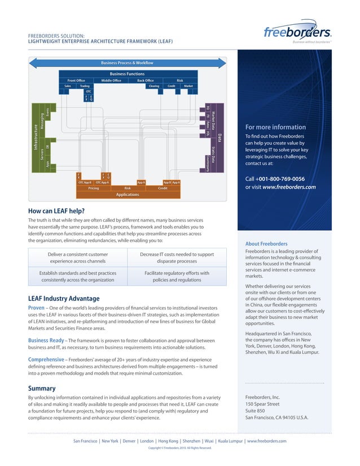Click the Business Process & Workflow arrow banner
[x=127, y=63]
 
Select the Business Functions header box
[x=127, y=74]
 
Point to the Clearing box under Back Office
[x=154, y=86]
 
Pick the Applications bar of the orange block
[x=128, y=195]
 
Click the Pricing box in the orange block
[x=94, y=188]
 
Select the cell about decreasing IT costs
[x=177, y=258]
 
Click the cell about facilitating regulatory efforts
[x=177, y=276]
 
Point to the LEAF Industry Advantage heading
[x=64, y=298]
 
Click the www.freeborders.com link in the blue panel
[x=288, y=187]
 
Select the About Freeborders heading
[x=266, y=244]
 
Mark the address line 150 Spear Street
[x=262, y=404]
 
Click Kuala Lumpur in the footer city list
[x=230, y=441]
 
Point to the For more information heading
[x=275, y=127]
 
